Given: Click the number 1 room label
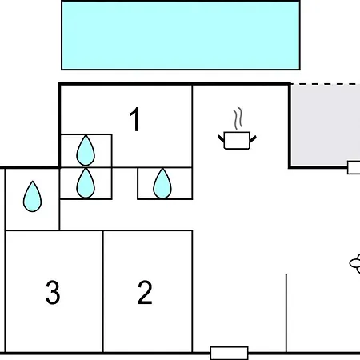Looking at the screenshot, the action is [x=135, y=119].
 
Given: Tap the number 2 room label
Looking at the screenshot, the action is [x=145, y=292].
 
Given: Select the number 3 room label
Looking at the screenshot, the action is [x=53, y=292].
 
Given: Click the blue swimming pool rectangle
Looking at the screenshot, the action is [x=181, y=35].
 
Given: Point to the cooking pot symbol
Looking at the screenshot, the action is [x=237, y=140].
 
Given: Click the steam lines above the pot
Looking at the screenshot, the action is [x=238, y=118].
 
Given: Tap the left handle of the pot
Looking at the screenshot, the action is [x=221, y=139].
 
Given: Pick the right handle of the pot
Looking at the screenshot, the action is [x=253, y=139].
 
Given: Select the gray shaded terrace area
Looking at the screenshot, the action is [x=326, y=125].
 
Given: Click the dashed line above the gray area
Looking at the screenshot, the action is [x=326, y=84].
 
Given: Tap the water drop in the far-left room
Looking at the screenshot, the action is [x=32, y=197].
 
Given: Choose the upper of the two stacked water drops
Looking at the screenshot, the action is [x=86, y=150].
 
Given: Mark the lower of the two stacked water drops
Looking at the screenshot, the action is [x=86, y=183].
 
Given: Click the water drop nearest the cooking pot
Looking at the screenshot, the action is [x=162, y=184].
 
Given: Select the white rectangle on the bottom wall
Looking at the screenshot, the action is [x=230, y=353].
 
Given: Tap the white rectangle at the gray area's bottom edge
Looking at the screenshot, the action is [x=354, y=167].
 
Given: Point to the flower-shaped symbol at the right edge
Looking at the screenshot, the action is [x=355, y=263].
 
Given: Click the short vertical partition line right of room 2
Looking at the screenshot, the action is [x=286, y=313].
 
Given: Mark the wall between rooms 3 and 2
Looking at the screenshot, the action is [x=103, y=291].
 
